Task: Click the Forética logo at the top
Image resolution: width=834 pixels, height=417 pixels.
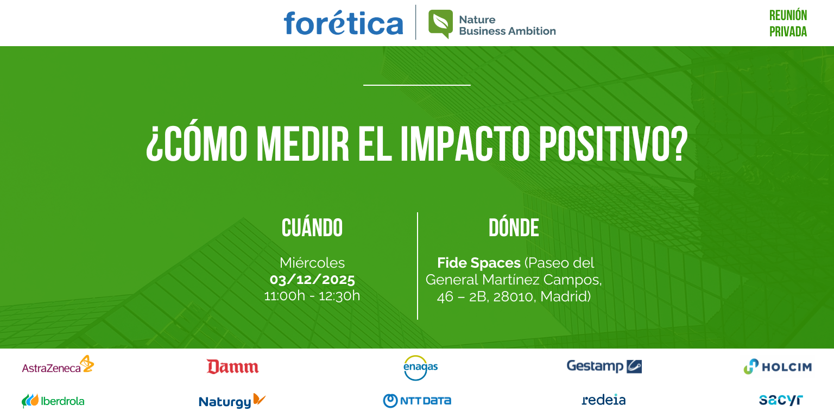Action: (343, 23)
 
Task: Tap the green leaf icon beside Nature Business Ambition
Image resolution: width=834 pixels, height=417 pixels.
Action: (440, 23)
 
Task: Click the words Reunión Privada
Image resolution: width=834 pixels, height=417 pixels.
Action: (788, 23)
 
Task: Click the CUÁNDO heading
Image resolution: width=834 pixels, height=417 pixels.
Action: (312, 229)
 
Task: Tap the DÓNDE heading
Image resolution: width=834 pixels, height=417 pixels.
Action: (514, 229)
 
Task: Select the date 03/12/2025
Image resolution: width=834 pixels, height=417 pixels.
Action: (312, 280)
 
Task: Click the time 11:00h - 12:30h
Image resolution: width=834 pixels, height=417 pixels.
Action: (312, 296)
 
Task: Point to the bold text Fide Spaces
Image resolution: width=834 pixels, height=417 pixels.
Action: (478, 263)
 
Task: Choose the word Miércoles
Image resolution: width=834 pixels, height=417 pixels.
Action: (312, 263)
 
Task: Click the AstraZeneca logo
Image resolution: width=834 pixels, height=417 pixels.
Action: (58, 365)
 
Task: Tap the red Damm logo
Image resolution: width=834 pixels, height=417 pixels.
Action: (232, 367)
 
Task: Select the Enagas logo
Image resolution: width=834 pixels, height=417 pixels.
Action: (420, 367)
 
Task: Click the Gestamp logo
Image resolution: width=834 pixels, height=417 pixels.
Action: (604, 367)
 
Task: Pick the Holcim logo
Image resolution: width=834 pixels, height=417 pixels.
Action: (778, 367)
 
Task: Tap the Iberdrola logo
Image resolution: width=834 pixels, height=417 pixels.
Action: (53, 401)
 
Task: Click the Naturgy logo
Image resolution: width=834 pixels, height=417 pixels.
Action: (232, 401)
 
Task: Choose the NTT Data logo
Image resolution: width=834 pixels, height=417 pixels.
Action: (417, 401)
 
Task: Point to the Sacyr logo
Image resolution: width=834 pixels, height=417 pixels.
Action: (780, 400)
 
